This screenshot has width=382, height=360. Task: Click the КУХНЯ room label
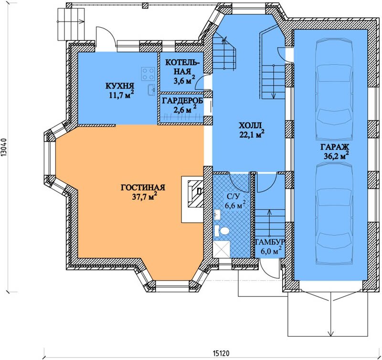coord(120,86)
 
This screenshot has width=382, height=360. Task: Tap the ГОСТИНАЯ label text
coord(143,187)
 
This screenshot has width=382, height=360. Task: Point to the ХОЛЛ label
coord(250,126)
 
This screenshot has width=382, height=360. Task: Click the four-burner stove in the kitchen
coord(148,74)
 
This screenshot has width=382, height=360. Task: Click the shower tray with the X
coord(222,249)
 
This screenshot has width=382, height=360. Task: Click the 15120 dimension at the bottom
coord(221,353)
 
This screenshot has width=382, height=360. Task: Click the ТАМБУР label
coord(270,242)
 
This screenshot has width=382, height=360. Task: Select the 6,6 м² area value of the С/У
coord(235,206)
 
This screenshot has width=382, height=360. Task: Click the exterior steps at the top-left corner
coord(71,24)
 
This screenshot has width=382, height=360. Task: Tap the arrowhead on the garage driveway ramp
coord(330,333)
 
